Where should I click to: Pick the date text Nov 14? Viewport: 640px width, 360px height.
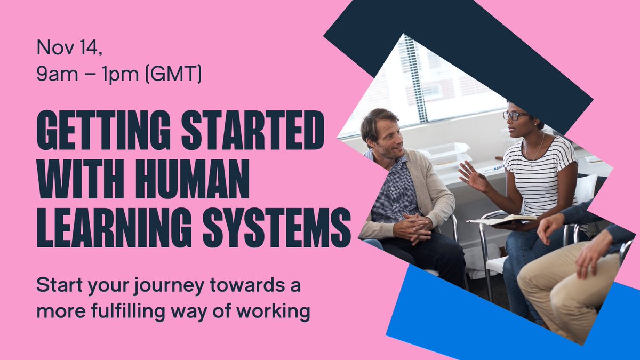[68, 49]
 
